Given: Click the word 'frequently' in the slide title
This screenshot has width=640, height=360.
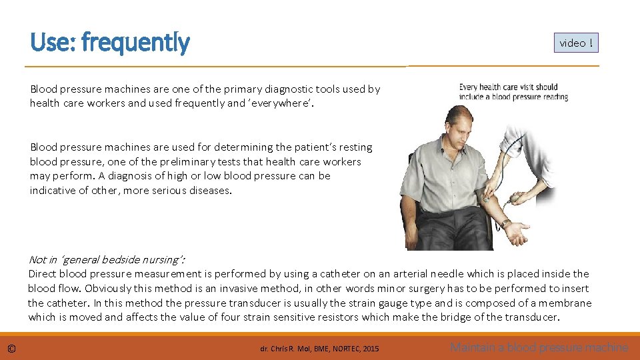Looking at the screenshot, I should (x=135, y=43).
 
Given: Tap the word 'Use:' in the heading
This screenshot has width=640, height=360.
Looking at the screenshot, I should (x=53, y=43).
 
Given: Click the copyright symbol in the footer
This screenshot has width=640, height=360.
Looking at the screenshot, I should (x=11, y=348).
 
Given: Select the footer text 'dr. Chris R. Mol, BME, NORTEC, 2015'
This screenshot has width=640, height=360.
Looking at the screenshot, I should (x=319, y=349).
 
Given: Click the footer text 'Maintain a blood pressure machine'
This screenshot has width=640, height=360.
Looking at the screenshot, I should (x=539, y=347).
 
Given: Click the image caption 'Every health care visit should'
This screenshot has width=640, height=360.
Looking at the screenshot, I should (x=508, y=87).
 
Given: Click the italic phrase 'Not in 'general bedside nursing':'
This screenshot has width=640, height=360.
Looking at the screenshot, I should (x=107, y=259).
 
